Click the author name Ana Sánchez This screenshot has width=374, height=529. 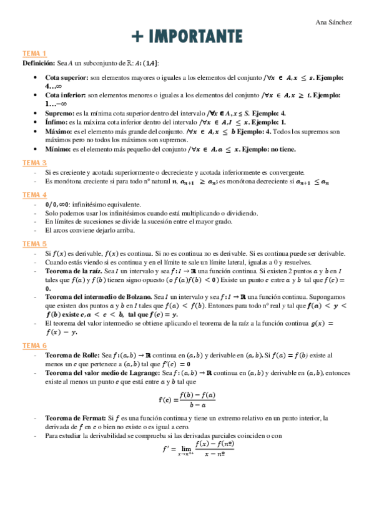[335, 22]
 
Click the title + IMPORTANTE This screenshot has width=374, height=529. [187, 36]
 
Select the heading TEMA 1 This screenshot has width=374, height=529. [34, 54]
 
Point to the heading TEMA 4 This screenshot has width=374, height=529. [34, 195]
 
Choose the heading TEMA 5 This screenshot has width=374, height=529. [34, 243]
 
